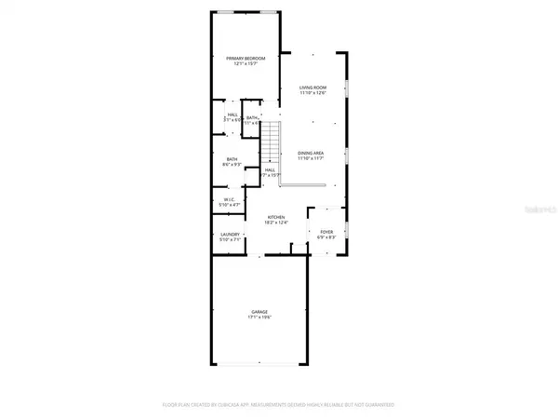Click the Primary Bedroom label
pos(246,59)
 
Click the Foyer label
pos(326,231)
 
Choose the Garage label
pos(259,312)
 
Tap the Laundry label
pos(231,234)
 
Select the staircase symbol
pos(269,141)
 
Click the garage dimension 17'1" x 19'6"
pos(259,318)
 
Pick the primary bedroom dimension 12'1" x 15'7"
pos(246,64)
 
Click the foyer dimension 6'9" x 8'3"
pos(326,237)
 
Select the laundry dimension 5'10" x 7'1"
pos(231,239)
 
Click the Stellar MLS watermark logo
pos(532,211)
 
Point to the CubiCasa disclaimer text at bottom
pos(279,405)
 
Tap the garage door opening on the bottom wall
pos(259,363)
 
